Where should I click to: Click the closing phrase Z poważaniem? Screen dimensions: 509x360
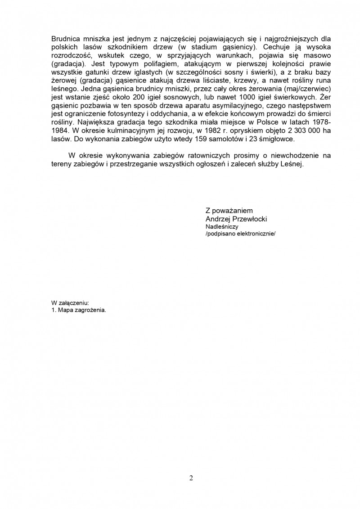tap(229, 210)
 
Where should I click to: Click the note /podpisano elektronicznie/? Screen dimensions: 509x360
tap(239, 234)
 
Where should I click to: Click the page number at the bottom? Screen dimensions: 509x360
tap(191, 478)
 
